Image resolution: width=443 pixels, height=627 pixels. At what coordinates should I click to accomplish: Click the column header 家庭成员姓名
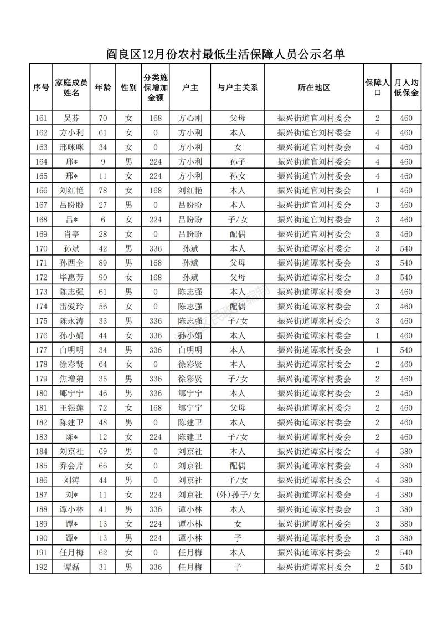(71, 87)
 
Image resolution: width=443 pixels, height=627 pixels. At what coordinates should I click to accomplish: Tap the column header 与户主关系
(237, 88)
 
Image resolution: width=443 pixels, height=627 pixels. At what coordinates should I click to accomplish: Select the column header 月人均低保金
(406, 87)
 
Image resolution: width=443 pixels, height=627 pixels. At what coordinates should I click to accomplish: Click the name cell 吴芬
(71, 118)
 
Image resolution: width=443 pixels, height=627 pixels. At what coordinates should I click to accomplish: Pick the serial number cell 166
(41, 190)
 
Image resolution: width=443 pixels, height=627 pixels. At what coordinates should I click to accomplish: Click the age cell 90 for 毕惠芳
(102, 277)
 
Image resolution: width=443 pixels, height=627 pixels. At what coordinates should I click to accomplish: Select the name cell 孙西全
(71, 263)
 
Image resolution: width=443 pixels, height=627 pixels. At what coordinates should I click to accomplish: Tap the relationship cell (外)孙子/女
(237, 495)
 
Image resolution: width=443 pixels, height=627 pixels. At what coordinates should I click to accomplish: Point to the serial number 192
(41, 567)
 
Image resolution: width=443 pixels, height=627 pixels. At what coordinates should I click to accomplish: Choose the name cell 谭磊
(71, 567)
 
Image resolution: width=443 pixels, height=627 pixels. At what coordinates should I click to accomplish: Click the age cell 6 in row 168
(102, 220)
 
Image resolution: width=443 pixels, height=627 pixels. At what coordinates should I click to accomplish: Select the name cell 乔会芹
(71, 466)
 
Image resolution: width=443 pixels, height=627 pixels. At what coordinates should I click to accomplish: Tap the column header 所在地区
(314, 88)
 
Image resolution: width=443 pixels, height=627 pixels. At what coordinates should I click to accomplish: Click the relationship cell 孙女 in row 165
(237, 176)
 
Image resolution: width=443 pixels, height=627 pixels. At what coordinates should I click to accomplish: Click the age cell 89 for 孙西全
(102, 263)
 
